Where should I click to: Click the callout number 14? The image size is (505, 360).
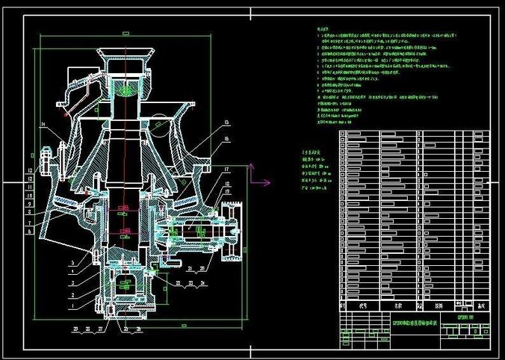[44, 123]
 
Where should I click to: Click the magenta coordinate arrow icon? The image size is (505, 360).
[261, 181]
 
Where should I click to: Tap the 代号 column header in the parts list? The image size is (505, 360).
[362, 305]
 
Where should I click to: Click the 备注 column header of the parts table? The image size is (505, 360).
[480, 305]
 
